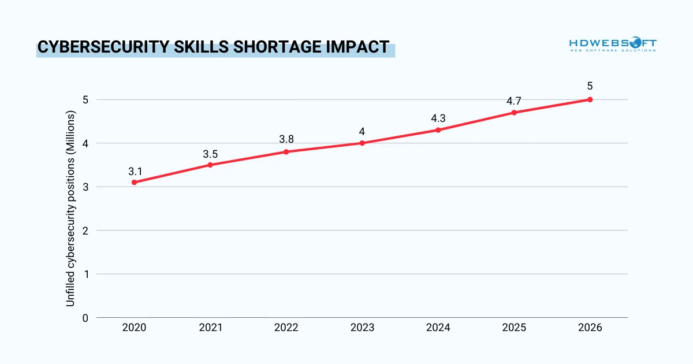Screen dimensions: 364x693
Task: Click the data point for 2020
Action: pyautogui.click(x=134, y=182)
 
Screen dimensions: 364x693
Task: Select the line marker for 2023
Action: pyautogui.click(x=362, y=143)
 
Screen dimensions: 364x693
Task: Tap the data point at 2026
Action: pyautogui.click(x=590, y=99)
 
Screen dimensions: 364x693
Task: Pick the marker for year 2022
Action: pyautogui.click(x=286, y=152)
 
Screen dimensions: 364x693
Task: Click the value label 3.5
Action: pyautogui.click(x=210, y=154)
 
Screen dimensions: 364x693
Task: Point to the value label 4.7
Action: pyautogui.click(x=514, y=101)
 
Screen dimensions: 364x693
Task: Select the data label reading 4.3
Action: pyautogui.click(x=438, y=118)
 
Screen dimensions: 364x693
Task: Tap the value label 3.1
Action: pyautogui.click(x=134, y=172)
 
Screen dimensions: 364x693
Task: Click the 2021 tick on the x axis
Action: pyautogui.click(x=210, y=328)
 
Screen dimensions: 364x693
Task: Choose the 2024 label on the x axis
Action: pyautogui.click(x=438, y=328)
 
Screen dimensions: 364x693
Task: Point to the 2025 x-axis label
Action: pyautogui.click(x=514, y=328)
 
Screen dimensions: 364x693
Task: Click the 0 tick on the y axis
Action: pyautogui.click(x=85, y=318)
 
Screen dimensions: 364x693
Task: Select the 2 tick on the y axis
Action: pyautogui.click(x=85, y=231)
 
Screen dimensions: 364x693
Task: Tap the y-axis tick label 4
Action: pyautogui.click(x=85, y=143)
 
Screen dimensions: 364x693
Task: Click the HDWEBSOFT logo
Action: pyautogui.click(x=613, y=44)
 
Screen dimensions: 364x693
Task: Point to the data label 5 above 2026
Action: pyautogui.click(x=590, y=87)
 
